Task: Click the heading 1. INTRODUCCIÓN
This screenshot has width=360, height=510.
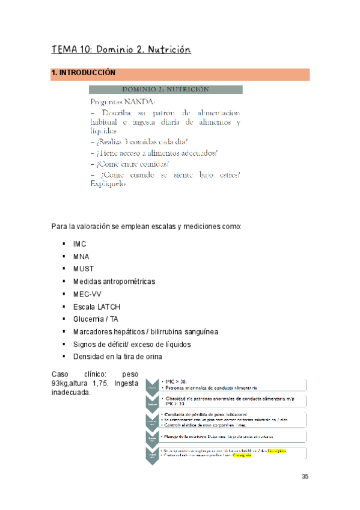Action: point(83,73)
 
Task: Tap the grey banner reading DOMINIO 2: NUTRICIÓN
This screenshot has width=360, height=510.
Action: point(166,89)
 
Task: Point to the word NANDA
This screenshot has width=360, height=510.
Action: point(140,102)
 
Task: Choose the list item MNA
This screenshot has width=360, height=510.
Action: point(81,257)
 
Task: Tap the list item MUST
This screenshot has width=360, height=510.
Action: point(83,269)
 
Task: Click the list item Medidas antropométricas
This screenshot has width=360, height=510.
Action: point(114,281)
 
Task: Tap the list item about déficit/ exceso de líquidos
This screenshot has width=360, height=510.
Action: point(132,345)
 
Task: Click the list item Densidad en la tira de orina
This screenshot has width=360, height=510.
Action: point(117,357)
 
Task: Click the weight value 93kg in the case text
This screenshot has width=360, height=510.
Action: point(61,383)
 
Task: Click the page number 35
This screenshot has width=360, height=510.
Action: point(305,477)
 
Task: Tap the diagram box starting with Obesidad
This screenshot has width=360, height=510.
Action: point(231,401)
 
